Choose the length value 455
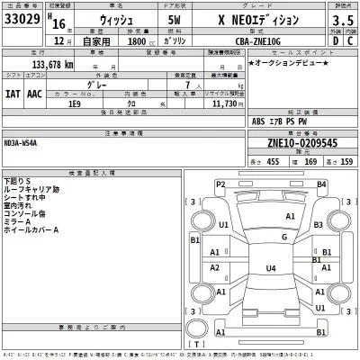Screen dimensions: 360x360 pos(274,162)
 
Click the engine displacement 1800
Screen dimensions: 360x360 pos(137,41)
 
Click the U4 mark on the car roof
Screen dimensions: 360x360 pos(270,268)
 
